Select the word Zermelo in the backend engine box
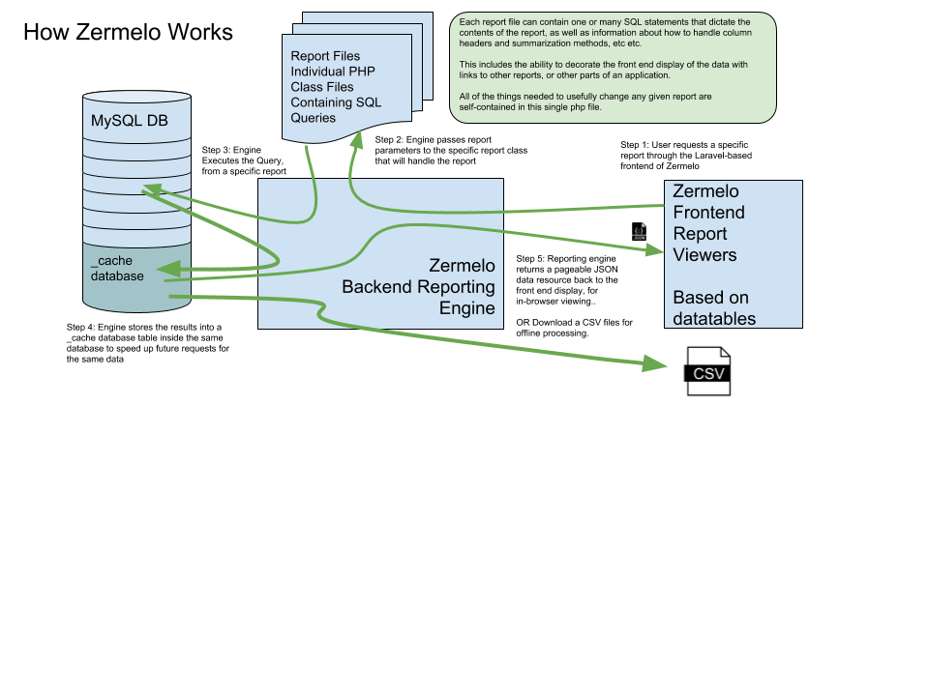pos(462,266)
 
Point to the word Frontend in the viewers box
pos(708,213)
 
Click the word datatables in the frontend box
pos(714,318)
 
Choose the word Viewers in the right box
pos(704,255)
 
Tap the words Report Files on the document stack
pos(325,57)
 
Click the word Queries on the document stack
pos(314,118)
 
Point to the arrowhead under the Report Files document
pos(355,141)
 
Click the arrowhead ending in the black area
pos(655,363)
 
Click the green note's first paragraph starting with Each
pos(605,32)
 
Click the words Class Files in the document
pos(322,87)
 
